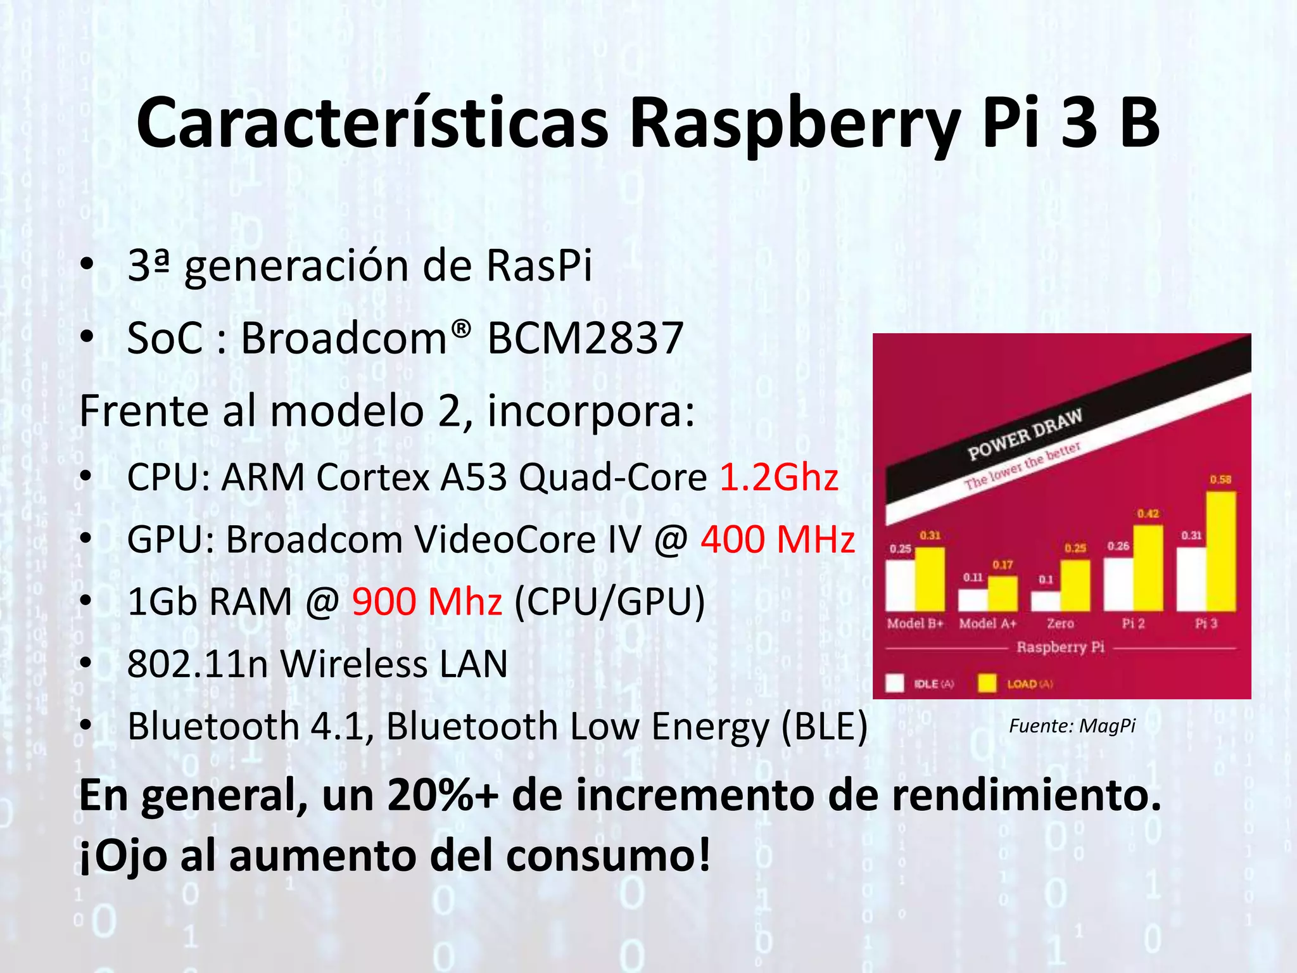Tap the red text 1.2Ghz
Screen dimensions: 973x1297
[779, 477]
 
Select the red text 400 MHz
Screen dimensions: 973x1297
[778, 540]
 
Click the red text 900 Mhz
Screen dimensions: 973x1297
[427, 601]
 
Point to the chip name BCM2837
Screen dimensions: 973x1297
[585, 338]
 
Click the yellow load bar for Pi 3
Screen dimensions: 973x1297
[1221, 551]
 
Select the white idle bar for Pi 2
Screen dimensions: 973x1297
[1118, 584]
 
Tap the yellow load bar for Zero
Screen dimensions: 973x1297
[1075, 585]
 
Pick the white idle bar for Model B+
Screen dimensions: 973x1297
[900, 585]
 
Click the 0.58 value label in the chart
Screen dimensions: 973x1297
[1220, 480]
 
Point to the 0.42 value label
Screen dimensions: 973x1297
[1148, 514]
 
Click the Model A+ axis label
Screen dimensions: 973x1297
[987, 623]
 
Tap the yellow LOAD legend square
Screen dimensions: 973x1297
[987, 684]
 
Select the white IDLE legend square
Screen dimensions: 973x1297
[894, 684]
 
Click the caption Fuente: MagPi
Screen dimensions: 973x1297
[1072, 726]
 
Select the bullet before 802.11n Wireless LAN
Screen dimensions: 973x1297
[87, 665]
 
